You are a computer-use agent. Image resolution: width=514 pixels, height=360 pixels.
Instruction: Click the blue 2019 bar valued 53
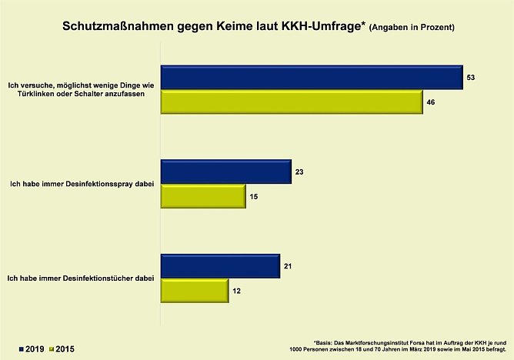[x=311, y=78]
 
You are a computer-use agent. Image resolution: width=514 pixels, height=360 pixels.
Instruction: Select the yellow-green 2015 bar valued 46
[x=291, y=102]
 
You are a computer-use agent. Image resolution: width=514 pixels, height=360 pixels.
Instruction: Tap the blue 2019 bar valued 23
[x=225, y=172]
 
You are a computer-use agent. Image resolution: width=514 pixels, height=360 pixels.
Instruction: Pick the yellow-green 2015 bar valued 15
[x=202, y=197]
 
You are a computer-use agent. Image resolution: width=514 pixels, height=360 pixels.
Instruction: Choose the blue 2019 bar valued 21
[x=219, y=266]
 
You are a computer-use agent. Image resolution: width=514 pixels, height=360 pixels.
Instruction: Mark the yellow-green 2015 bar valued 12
[x=193, y=291]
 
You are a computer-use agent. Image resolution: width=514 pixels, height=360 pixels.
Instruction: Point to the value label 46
[x=432, y=102]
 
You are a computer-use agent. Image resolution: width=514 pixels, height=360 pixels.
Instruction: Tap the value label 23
[x=300, y=172]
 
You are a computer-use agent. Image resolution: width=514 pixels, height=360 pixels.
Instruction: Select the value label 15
[x=254, y=197]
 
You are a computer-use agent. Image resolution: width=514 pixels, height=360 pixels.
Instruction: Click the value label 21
[x=289, y=266]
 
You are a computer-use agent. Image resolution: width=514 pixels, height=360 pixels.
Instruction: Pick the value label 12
[x=237, y=291]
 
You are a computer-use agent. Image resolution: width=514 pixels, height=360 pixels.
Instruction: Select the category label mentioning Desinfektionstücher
[x=81, y=278]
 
